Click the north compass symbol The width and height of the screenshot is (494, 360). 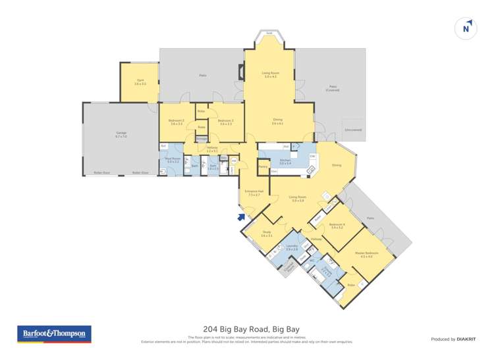coord(466,28)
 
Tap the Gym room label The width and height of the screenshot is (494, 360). coord(140,82)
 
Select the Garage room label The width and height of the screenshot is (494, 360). coord(120,134)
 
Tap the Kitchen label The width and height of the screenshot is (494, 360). coord(285,162)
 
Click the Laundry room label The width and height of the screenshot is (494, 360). coord(292,248)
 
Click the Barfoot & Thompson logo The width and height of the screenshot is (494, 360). coord(54,334)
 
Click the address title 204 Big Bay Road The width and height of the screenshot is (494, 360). coord(247,329)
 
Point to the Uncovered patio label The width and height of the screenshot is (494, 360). coord(353,130)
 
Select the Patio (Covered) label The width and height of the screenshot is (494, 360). coord(334,88)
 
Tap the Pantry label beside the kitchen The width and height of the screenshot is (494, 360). coord(263,167)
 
